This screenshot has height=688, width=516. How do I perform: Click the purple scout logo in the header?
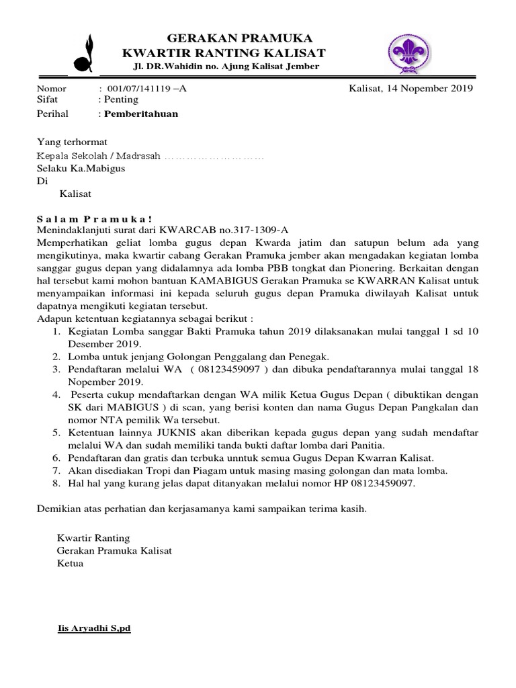409,52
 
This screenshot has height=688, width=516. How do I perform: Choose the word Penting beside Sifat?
120,99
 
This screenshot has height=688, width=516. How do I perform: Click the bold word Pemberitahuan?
141,114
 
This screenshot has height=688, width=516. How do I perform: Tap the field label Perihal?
52,114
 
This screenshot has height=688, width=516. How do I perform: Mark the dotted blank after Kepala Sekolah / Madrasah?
214,156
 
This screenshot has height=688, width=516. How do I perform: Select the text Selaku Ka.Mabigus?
81,169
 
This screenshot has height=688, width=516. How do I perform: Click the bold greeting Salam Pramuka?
94,218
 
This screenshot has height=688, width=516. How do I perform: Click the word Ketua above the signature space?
70,563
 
